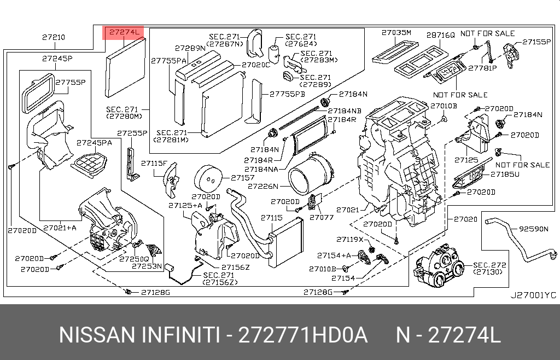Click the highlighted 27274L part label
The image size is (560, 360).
124,33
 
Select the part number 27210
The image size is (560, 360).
53,38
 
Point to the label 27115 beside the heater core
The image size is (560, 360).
271,218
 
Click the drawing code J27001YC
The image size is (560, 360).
533,295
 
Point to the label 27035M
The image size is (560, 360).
396,33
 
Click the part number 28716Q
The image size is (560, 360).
440,34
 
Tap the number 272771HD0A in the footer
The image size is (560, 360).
304,334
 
